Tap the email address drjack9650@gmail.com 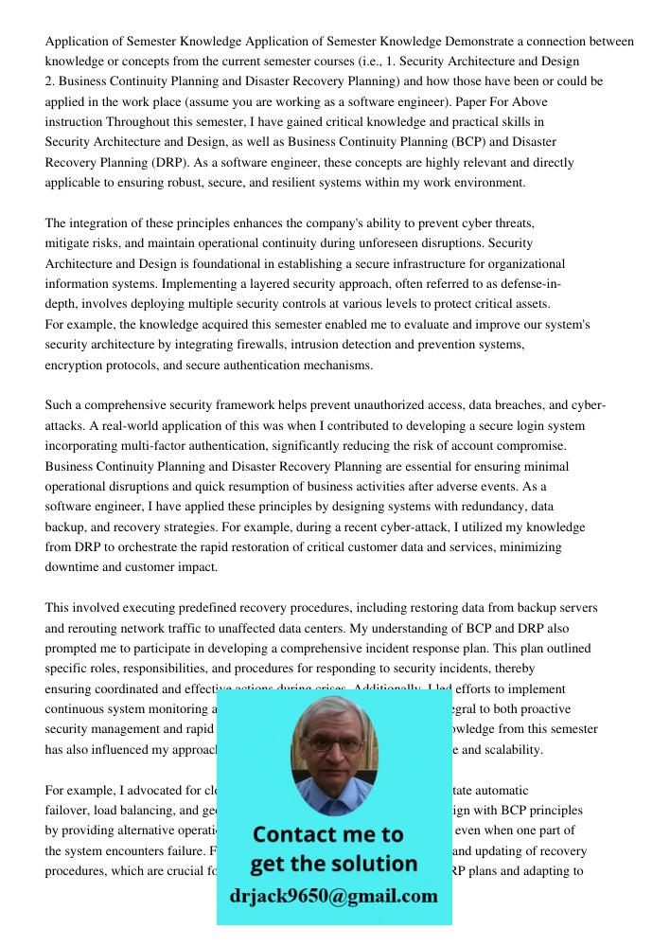(333, 896)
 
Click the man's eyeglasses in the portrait (334, 745)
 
